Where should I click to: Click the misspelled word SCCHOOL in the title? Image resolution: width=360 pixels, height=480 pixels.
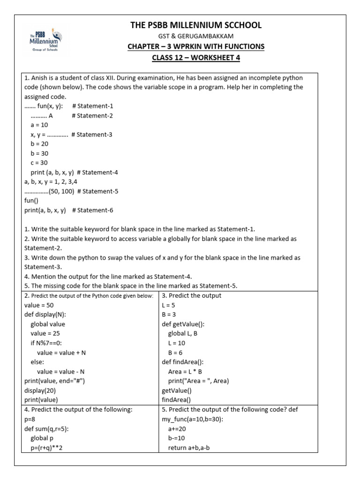click(239, 25)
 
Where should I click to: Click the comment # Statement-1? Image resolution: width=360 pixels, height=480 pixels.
click(93, 106)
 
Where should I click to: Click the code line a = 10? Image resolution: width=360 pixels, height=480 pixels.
click(39, 125)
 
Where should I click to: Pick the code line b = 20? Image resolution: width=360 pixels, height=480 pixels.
click(39, 144)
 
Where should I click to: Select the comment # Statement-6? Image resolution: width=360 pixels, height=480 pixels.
click(93, 210)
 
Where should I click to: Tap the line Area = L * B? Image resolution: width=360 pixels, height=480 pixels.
click(185, 371)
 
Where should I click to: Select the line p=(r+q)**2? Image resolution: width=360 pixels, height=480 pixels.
click(47, 447)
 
